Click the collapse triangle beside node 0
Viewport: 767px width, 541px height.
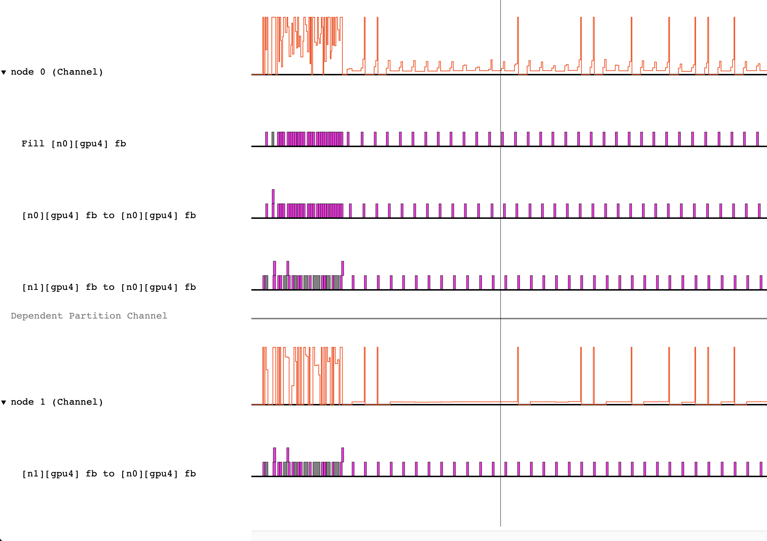4,72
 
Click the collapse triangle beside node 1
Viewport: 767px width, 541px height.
4,402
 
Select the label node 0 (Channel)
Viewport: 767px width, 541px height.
57,72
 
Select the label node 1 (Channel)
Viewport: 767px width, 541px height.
57,402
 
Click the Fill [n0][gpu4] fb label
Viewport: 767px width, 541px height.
73,144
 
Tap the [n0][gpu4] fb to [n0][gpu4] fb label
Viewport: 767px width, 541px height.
108,215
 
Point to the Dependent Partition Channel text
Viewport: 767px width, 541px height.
89,316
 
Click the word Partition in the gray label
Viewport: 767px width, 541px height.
95,316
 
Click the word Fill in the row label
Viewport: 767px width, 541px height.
33,144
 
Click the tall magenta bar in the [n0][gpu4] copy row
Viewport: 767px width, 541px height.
273,197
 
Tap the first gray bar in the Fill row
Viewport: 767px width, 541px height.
273,139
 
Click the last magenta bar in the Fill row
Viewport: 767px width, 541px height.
757,139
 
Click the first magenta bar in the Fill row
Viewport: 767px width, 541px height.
266,139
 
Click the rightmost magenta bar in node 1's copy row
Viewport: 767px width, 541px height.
761,469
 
